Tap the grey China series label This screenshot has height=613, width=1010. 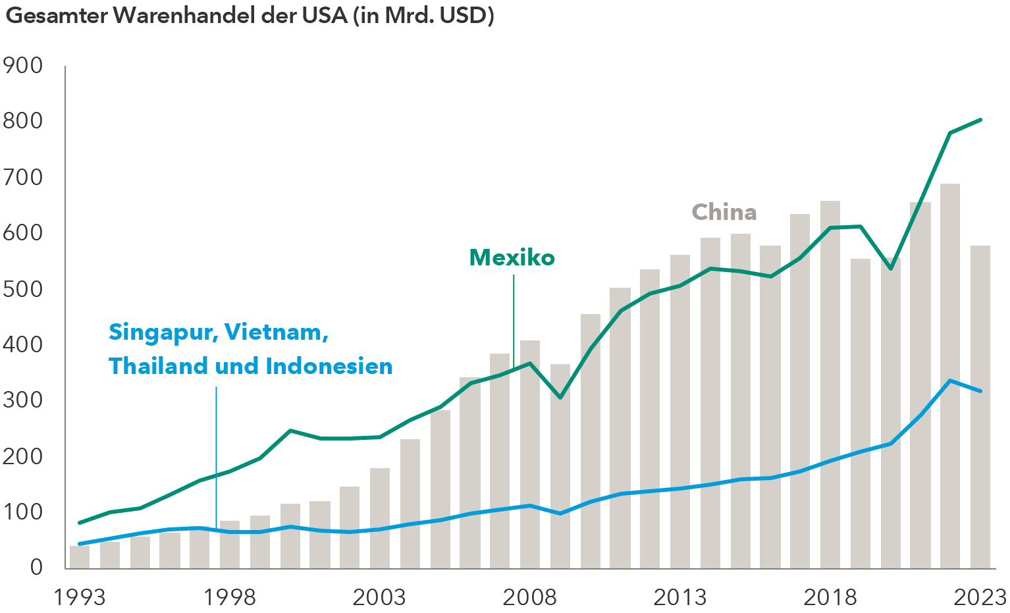[724, 212]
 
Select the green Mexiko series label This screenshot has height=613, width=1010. [512, 257]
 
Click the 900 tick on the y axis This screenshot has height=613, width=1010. [22, 66]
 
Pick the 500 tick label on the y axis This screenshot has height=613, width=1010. [22, 289]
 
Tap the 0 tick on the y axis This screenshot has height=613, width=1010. [36, 567]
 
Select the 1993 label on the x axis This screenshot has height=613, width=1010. [79, 597]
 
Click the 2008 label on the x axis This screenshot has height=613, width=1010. [529, 597]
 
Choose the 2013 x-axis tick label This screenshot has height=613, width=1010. [679, 597]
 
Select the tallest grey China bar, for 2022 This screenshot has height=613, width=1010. [950, 375]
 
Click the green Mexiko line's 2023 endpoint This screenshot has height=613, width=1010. [980, 120]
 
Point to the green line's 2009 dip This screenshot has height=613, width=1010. [560, 398]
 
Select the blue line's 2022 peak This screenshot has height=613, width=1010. [950, 381]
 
